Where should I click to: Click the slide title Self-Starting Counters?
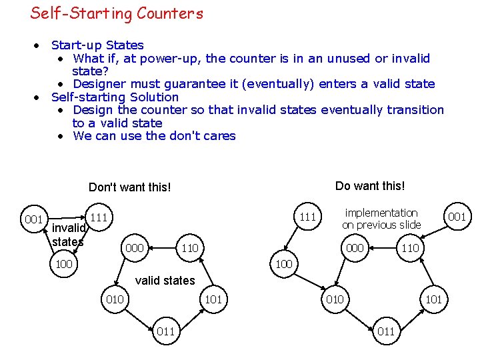pyautogui.click(x=117, y=13)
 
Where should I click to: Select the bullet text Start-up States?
pyautogui.click(x=97, y=45)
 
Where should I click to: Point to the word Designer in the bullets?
pyautogui.click(x=99, y=84)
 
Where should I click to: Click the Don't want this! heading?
pyautogui.click(x=129, y=187)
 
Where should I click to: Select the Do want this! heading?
pyautogui.click(x=369, y=186)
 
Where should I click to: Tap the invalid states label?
pyautogui.click(x=67, y=235)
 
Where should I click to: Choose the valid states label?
pyautogui.click(x=165, y=281)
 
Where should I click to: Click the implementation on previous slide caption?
pyautogui.click(x=381, y=219)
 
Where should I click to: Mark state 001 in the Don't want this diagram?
pyautogui.click(x=33, y=219)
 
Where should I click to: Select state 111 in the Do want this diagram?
pyautogui.click(x=307, y=217)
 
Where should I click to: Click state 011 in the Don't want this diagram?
pyautogui.click(x=165, y=331)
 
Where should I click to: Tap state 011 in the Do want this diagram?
pyautogui.click(x=385, y=331)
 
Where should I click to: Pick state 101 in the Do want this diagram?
pyautogui.click(x=433, y=299)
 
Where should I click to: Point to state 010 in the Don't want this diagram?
pyautogui.click(x=115, y=299)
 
